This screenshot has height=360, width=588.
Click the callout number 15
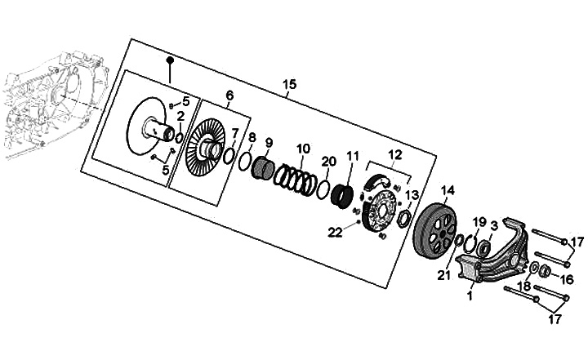[289, 85]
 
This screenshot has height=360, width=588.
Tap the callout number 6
[229, 96]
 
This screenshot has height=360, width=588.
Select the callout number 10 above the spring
[303, 149]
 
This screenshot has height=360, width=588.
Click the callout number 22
[334, 233]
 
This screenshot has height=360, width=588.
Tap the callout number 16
[568, 279]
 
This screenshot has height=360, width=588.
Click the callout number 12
[395, 154]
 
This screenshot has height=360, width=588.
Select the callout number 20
[327, 161]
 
